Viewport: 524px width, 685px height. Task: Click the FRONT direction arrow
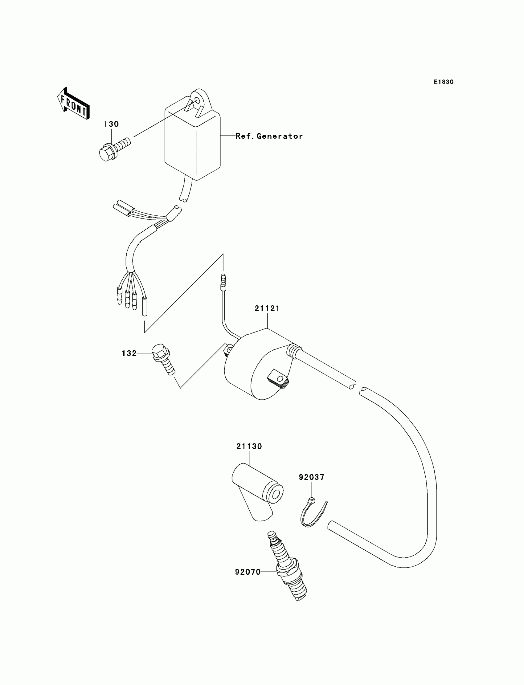(x=74, y=104)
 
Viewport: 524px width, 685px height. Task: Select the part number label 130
(x=111, y=124)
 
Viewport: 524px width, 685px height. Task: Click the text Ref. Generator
(x=269, y=136)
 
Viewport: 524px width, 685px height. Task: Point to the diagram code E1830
(x=444, y=82)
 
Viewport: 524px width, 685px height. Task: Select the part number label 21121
(x=267, y=308)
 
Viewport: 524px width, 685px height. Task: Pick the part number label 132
(x=129, y=353)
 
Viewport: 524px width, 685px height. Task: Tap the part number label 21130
(x=249, y=446)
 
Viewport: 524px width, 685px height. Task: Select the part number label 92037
(x=312, y=477)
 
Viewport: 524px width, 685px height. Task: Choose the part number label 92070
(x=248, y=572)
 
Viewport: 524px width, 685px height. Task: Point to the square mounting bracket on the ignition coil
(x=278, y=379)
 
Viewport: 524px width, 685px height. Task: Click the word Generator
(x=280, y=136)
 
